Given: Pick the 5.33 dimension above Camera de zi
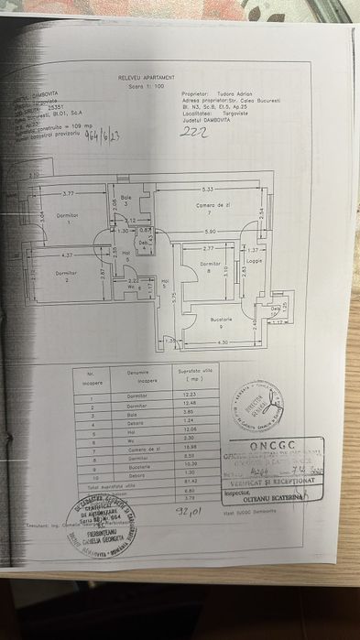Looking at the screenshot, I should [208, 189].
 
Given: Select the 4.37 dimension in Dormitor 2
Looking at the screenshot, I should [67, 255].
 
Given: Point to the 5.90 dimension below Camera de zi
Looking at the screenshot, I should [210, 231].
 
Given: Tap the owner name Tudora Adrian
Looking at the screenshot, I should [226, 92].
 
